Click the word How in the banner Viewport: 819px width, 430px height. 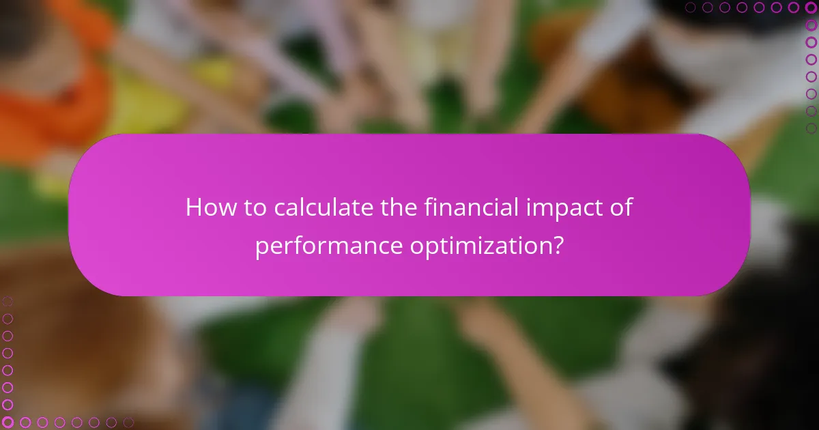(x=208, y=208)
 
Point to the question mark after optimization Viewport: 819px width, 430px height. (x=558, y=246)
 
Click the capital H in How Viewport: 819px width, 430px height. (x=194, y=208)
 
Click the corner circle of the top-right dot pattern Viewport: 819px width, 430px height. (x=811, y=8)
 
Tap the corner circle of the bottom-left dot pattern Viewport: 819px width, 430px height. (x=8, y=422)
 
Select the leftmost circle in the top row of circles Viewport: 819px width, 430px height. (x=691, y=8)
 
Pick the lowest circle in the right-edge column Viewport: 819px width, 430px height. (x=811, y=128)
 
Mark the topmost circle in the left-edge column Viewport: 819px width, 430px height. (x=8, y=301)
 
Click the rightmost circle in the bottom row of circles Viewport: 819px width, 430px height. (x=128, y=422)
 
